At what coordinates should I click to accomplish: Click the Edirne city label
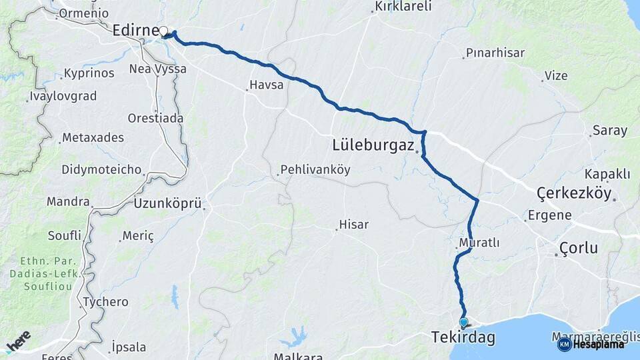(135, 31)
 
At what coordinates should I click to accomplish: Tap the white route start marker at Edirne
(163, 30)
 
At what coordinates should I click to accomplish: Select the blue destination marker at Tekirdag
(463, 322)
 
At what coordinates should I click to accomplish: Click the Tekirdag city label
(463, 338)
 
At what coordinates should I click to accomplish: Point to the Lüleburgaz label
(373, 145)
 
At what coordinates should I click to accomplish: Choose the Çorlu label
(579, 249)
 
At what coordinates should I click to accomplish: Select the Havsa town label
(266, 85)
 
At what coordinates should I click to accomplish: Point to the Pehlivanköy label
(315, 169)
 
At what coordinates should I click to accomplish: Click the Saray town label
(609, 131)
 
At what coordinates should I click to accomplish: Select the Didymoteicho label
(101, 169)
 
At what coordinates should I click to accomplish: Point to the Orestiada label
(155, 118)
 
